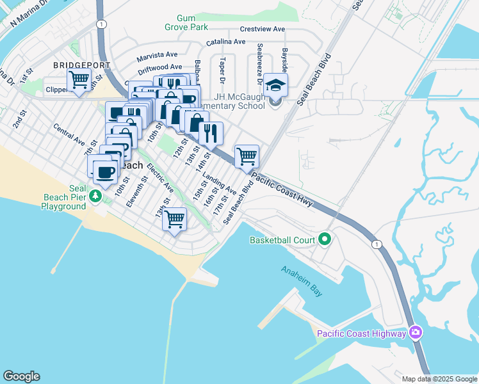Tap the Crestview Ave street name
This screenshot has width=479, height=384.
262,29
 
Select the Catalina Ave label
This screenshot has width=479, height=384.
225,42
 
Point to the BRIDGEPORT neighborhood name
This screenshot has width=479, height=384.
82,65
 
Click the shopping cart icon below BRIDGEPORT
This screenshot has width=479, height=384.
79,81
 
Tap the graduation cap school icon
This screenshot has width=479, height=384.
275,85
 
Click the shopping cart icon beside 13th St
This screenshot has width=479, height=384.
174,220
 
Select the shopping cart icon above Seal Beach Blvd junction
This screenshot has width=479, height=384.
247,155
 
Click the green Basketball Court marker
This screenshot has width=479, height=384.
325,240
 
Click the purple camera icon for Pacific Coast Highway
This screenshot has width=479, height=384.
416,333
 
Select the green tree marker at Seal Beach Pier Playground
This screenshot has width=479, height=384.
95,195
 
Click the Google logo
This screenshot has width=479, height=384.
21,376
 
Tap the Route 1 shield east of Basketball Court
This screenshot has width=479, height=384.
376,244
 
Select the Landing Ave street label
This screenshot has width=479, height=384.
220,183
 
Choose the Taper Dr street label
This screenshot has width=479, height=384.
222,71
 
